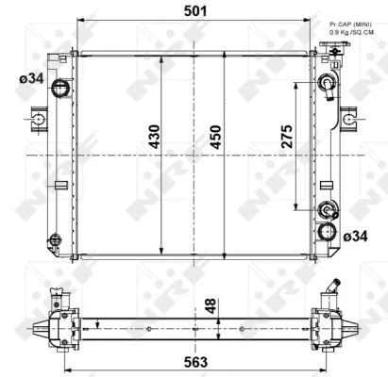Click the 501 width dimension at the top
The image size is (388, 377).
(x=195, y=11)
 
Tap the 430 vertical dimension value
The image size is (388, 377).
(x=154, y=137)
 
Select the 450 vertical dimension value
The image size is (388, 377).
(x=216, y=137)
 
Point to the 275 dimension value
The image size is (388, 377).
(x=287, y=137)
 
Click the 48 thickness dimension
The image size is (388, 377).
(x=211, y=305)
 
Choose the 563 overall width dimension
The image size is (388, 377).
(x=195, y=362)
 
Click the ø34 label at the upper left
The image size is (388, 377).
(x=31, y=78)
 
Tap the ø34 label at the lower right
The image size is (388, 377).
(x=355, y=237)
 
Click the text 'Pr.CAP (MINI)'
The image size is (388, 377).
(x=350, y=25)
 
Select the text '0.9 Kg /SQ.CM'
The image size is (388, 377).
(x=351, y=32)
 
